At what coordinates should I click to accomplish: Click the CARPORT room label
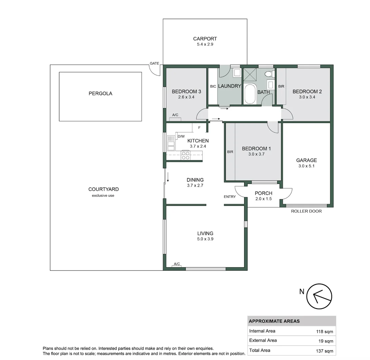pos(205,39)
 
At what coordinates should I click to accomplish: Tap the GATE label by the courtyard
pos(154,63)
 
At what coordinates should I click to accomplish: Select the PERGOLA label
pos(100,94)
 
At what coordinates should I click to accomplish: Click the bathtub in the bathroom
pos(250,94)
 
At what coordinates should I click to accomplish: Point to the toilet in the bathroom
pos(270,74)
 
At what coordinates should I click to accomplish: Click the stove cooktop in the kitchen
pos(186,155)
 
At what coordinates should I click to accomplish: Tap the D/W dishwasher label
pos(181,136)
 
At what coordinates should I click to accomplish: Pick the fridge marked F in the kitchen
pos(199,128)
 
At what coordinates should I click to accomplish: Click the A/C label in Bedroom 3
pos(175,115)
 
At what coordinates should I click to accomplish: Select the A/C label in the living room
pos(177,264)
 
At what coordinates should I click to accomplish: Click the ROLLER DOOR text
pos(306,211)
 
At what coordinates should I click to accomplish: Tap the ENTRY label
pos(229,197)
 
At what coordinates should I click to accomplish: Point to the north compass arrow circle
pos(319,296)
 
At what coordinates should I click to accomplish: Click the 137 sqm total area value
pos(324,351)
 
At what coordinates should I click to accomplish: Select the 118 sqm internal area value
pos(324,332)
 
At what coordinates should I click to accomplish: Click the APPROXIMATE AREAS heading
pos(274,321)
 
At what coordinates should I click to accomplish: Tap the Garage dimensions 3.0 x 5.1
pos(306,166)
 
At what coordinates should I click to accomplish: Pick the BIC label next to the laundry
pos(213,86)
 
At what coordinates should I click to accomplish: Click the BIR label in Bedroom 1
pos(230,152)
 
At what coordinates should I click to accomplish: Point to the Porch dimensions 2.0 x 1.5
pos(263,199)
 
